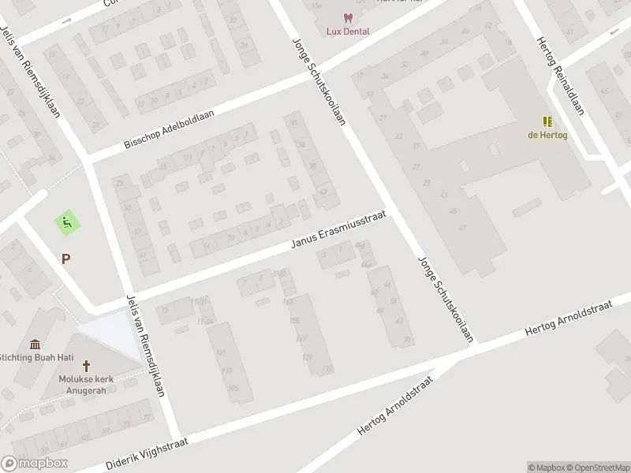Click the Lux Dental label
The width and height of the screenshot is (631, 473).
[348, 32]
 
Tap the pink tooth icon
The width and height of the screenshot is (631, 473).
[347, 18]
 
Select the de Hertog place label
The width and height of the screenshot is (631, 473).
[547, 134]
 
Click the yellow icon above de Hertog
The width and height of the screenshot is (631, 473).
[547, 121]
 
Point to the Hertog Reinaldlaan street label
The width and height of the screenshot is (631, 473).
[561, 76]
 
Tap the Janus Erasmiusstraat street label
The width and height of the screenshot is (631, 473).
[339, 233]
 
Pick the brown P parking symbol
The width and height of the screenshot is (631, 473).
[65, 258]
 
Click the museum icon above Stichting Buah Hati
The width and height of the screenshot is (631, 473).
[35, 344]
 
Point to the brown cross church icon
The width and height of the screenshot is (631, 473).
[87, 367]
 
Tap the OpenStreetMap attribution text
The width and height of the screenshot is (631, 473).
[596, 467]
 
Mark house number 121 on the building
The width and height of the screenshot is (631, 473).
[222, 351]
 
